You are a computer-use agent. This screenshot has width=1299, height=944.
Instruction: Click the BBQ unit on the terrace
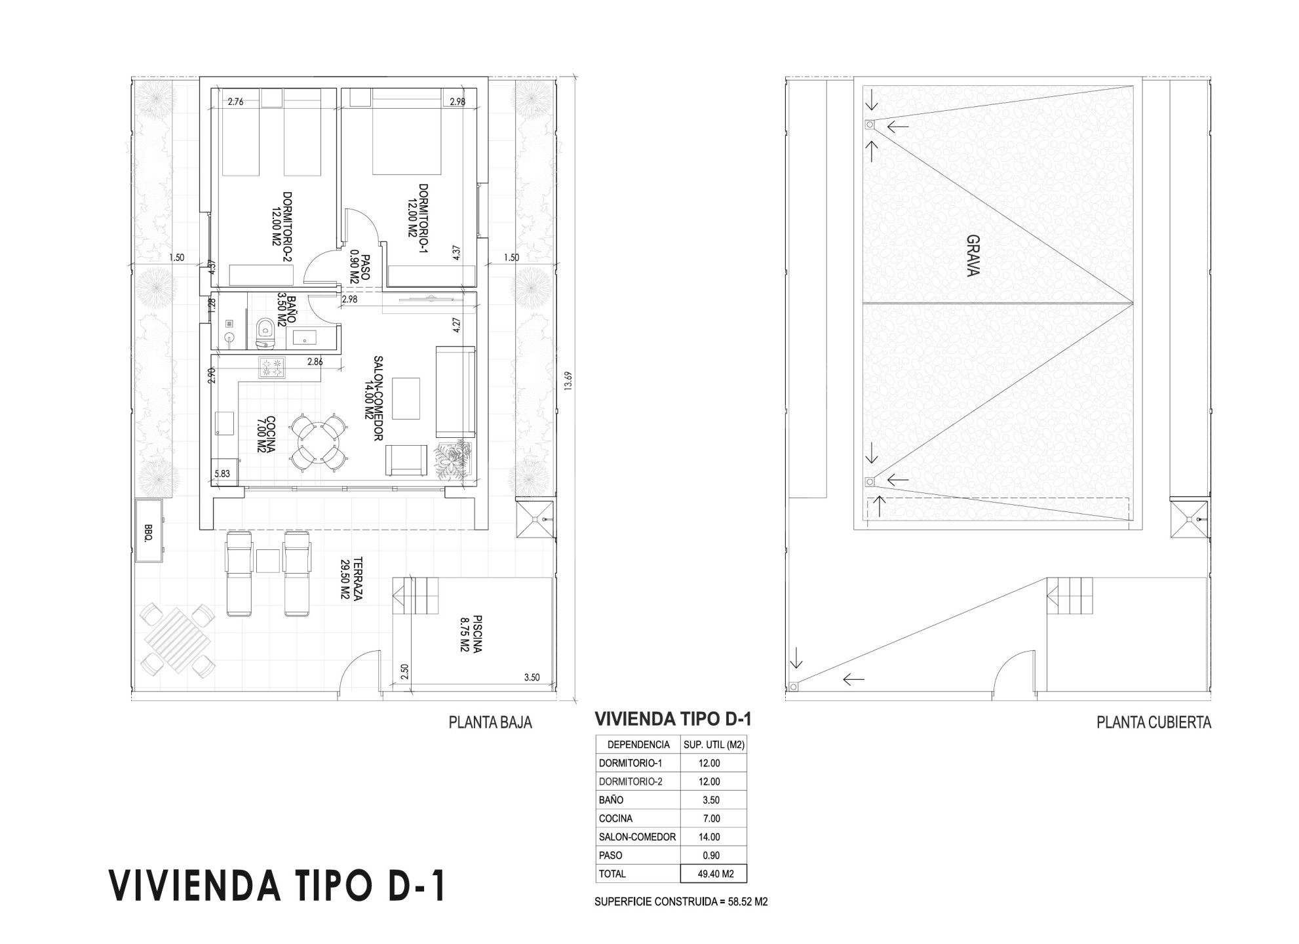(x=151, y=530)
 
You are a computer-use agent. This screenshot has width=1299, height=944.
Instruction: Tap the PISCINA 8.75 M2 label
(x=471, y=634)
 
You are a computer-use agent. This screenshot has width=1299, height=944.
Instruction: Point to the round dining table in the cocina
(x=317, y=441)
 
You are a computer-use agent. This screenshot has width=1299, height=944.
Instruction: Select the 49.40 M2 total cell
(x=713, y=874)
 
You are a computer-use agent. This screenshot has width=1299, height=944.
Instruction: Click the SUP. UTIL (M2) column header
(x=714, y=745)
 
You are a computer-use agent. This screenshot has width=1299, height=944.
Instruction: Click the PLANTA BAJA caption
(x=490, y=722)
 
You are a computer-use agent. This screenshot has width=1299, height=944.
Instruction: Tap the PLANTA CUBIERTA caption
(x=1154, y=722)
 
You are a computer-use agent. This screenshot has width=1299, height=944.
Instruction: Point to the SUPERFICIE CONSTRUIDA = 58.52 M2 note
(x=681, y=901)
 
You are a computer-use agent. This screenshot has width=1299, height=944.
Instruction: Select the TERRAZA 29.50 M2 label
(x=351, y=580)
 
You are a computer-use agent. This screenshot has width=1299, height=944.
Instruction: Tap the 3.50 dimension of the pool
(x=532, y=677)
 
